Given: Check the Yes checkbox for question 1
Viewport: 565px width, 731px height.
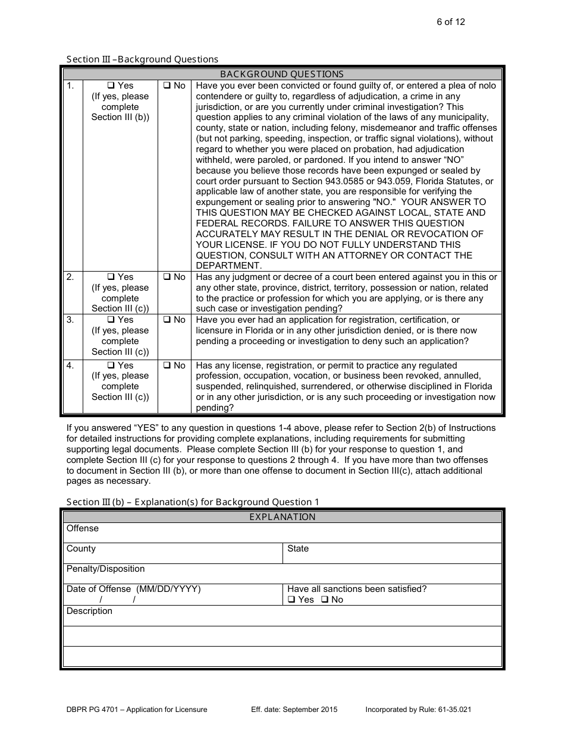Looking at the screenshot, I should [x=111, y=86].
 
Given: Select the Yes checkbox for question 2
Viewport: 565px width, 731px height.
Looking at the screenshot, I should [x=111, y=277].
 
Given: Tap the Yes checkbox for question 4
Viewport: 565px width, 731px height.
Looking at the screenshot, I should [x=111, y=366].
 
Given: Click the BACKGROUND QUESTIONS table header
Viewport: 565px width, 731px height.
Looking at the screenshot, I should [x=282, y=74].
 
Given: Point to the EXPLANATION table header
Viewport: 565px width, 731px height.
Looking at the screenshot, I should [x=282, y=517].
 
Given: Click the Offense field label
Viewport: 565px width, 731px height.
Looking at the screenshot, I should [x=83, y=528].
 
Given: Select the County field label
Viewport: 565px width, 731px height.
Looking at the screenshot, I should [x=81, y=549].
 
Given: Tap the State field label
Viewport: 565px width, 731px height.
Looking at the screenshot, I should [x=298, y=549].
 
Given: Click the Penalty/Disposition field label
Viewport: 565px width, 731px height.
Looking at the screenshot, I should [x=105, y=569].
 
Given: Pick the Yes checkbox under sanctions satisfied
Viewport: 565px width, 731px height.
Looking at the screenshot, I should [x=291, y=600].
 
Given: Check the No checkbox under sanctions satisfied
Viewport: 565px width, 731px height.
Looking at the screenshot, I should [x=325, y=600].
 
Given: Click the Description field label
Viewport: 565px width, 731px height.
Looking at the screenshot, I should [x=89, y=611].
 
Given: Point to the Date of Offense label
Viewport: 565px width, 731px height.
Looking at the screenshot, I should [x=133, y=589].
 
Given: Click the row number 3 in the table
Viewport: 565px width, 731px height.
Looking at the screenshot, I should [x=70, y=320].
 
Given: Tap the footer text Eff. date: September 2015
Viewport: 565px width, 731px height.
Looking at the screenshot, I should [x=294, y=710].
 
